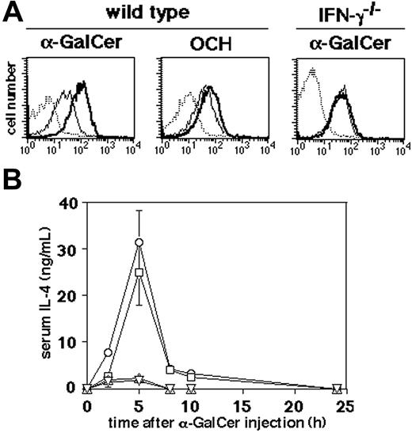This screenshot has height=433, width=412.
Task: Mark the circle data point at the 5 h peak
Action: point(139,242)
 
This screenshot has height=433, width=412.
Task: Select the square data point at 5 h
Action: point(139,272)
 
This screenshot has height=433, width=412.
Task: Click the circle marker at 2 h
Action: point(108,352)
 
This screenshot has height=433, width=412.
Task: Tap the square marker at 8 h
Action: point(170,370)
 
